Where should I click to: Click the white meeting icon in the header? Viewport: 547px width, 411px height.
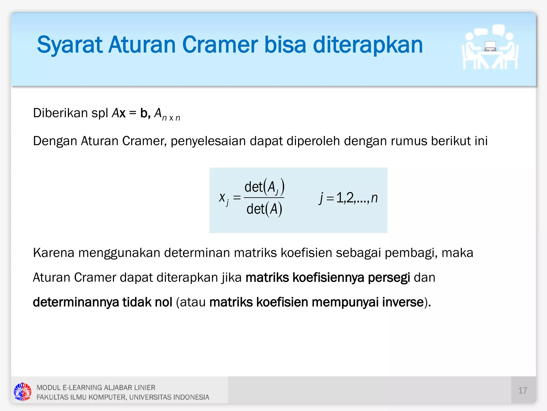coord(490,48)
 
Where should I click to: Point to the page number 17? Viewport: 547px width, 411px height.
coord(522,390)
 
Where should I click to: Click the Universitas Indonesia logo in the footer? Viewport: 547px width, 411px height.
coord(22,392)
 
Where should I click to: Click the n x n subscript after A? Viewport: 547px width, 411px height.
coord(171,118)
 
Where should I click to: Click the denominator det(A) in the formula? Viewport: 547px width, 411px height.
coord(264,209)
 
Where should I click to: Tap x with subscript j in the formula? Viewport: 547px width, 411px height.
coord(224,199)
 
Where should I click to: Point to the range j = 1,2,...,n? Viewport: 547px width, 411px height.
coord(348,198)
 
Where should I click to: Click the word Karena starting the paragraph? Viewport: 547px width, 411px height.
coord(53,253)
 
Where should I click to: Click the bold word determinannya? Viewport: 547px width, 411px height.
coord(76,302)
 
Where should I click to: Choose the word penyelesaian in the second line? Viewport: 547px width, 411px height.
coord(208,141)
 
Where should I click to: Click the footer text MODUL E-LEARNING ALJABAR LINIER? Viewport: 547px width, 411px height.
coord(96,387)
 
